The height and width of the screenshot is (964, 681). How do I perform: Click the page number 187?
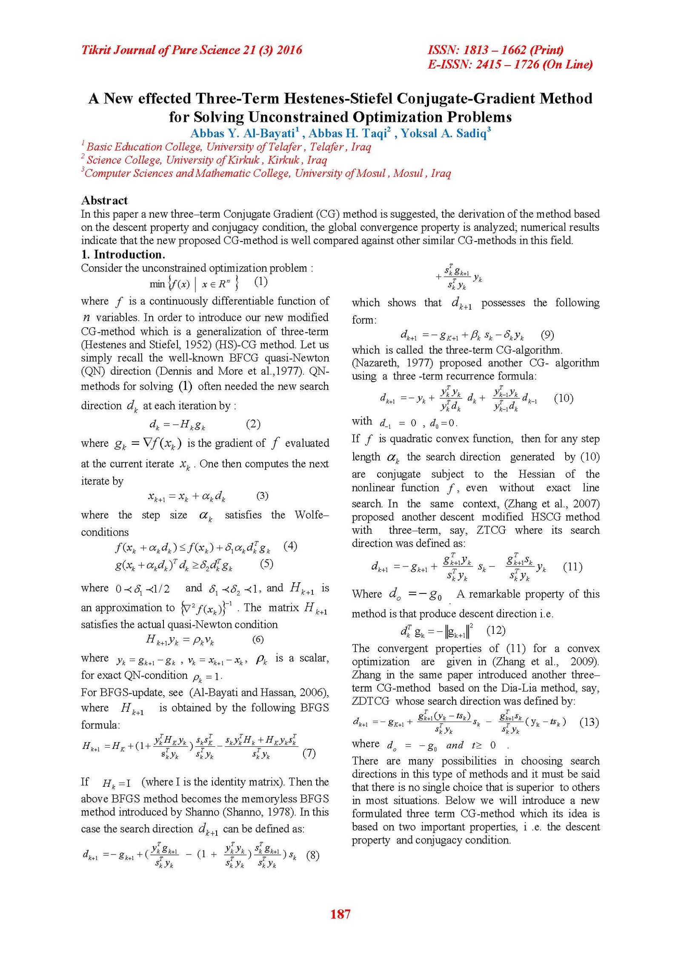click(x=340, y=914)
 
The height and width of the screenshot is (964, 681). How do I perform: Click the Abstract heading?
click(x=104, y=200)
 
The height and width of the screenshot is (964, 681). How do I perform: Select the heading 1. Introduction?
click(x=123, y=254)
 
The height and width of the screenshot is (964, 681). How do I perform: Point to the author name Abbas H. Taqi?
click(x=348, y=133)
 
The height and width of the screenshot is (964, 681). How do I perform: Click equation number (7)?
click(x=309, y=753)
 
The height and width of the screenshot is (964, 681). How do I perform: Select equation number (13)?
click(x=589, y=722)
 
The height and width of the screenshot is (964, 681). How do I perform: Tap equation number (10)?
click(x=564, y=398)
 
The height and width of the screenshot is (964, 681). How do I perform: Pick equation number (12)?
click(x=496, y=630)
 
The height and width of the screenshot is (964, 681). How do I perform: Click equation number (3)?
click(x=262, y=495)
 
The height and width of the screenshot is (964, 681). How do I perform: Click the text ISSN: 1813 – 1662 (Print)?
click(x=495, y=50)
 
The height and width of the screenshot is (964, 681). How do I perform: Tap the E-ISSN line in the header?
click(x=510, y=64)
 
